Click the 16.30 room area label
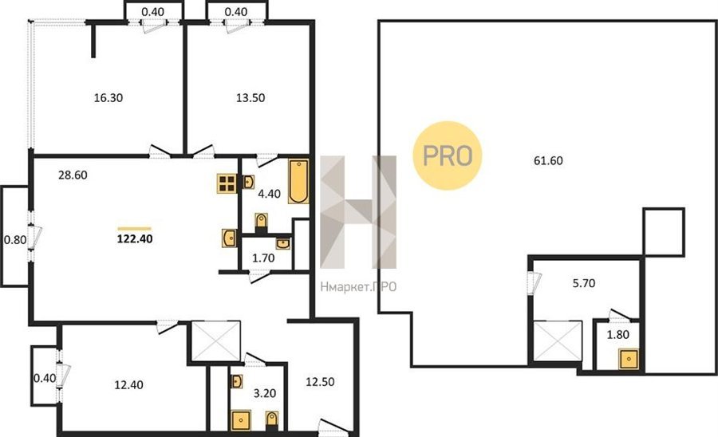click(108, 98)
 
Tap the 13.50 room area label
click(251, 98)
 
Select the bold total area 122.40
click(135, 239)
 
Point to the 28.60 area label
click(73, 175)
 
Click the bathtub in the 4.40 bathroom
click(298, 181)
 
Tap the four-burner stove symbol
click(227, 183)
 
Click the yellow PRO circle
click(448, 156)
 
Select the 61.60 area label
click(549, 160)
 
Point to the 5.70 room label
click(584, 283)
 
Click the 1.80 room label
click(618, 334)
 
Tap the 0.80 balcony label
click(15, 240)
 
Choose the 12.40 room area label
click(128, 385)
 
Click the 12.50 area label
click(320, 382)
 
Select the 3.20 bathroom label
click(265, 393)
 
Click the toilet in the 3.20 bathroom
click(272, 420)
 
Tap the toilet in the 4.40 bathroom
click(261, 222)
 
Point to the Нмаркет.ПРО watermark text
click(358, 287)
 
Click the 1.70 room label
click(264, 258)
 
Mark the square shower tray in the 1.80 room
click(629, 359)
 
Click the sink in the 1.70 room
click(283, 243)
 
